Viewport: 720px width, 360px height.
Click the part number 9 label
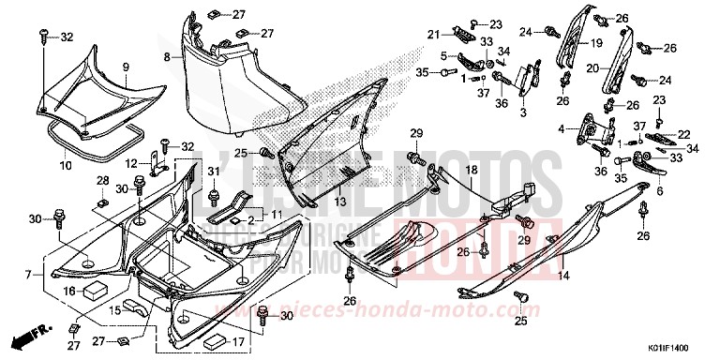(x=125, y=68)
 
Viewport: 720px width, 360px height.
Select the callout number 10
(x=66, y=166)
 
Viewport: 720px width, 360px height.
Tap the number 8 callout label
(x=167, y=57)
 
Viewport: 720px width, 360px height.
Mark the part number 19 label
(x=596, y=43)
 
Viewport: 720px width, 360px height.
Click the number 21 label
(x=434, y=35)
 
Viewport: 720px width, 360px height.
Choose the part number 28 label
(x=101, y=178)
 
